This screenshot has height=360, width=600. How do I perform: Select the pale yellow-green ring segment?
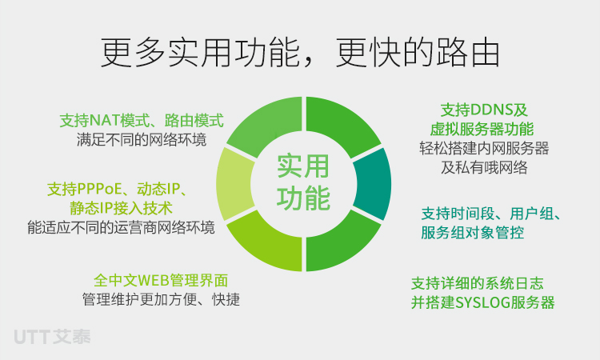(x=234, y=184)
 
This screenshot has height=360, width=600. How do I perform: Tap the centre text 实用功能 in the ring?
(x=303, y=182)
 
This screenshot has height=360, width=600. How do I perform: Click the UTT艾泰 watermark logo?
(x=53, y=337)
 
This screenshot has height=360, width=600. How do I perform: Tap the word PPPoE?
(x=99, y=189)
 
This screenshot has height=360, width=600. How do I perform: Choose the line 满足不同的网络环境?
(x=142, y=140)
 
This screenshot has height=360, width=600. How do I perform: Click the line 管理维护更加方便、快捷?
(x=161, y=299)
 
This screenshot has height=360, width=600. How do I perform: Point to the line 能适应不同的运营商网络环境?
(x=121, y=227)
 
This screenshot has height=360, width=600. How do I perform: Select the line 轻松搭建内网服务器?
(x=484, y=148)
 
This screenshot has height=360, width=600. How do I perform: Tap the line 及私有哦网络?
(x=484, y=167)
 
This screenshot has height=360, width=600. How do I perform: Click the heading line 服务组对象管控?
(x=473, y=233)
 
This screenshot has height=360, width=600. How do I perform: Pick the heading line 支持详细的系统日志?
(x=477, y=283)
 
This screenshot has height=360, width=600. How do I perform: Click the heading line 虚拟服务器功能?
(x=482, y=130)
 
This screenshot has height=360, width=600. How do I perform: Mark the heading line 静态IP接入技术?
(x=121, y=208)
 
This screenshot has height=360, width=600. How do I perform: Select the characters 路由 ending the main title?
(x=466, y=53)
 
